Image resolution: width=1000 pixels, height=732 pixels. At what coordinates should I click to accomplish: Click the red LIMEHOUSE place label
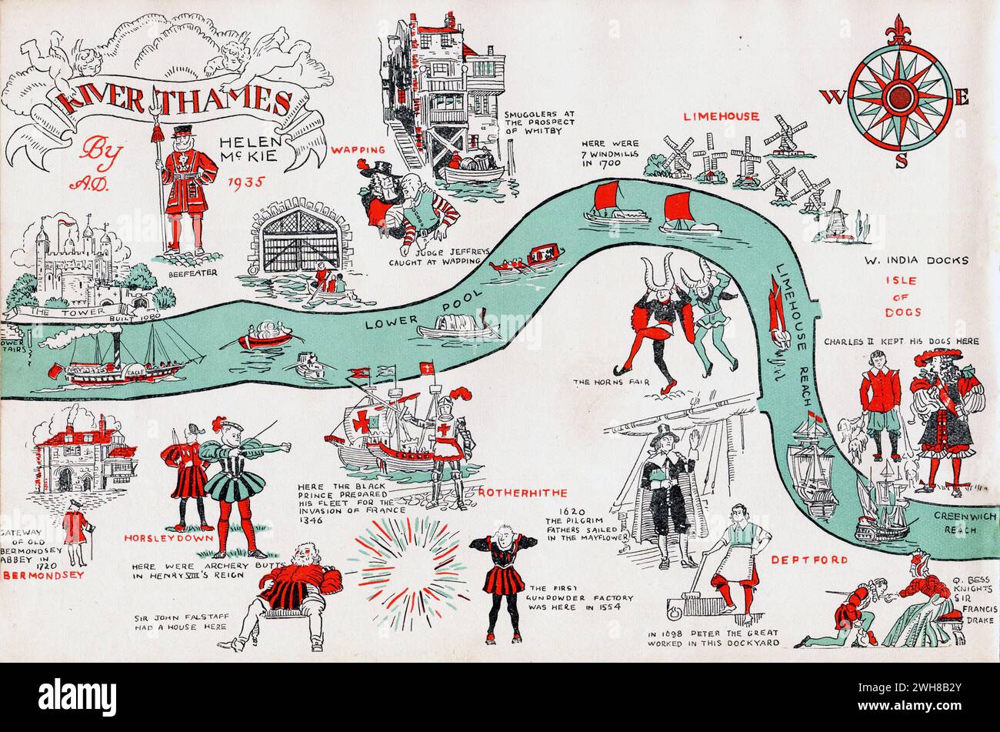pos(721,116)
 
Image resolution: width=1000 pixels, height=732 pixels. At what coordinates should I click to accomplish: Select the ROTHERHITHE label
pos(522,493)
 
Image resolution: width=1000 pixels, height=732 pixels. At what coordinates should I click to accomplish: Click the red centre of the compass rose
pos(899,97)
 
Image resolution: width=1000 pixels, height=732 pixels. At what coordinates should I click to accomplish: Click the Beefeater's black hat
pos(185,131)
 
